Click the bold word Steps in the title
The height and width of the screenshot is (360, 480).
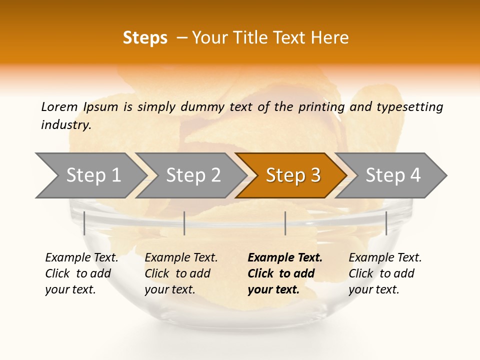145,38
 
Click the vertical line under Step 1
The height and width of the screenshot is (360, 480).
84,223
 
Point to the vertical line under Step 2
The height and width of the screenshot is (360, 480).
184,223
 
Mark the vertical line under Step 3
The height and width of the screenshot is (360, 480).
285,223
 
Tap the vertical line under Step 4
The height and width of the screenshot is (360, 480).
386,223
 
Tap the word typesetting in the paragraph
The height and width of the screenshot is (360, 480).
409,107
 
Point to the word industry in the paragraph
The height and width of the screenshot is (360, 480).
66,125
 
